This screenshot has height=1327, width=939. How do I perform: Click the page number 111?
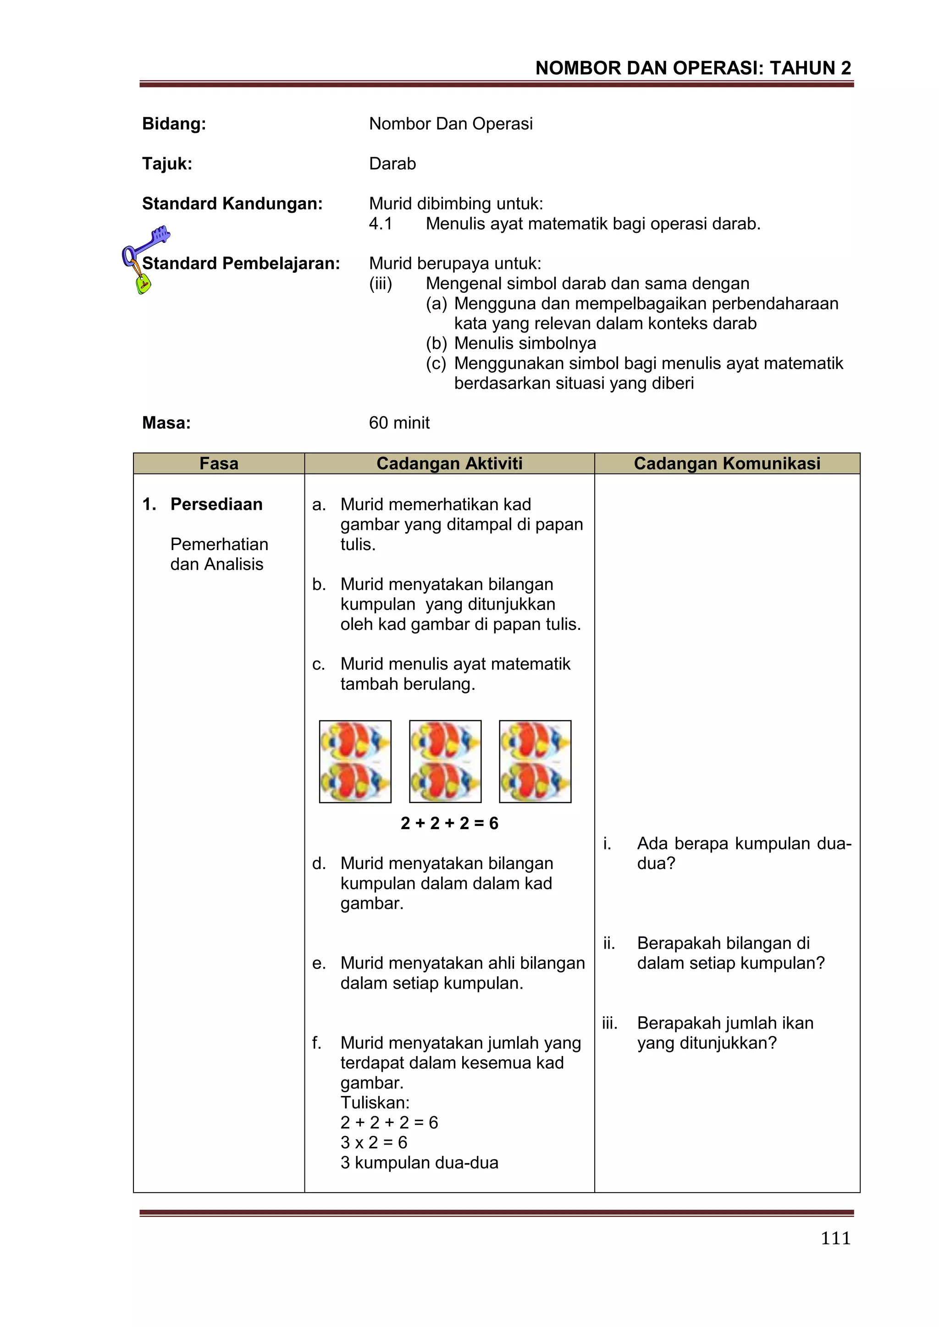coord(835,1238)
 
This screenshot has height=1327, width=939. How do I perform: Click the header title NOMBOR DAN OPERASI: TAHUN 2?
coord(693,68)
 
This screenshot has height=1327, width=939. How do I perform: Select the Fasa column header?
coord(219,463)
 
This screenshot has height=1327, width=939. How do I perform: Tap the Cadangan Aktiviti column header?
coord(449,463)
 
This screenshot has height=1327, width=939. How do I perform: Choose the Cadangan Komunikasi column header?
coord(727,463)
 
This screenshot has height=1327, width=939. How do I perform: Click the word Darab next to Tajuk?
coord(392,164)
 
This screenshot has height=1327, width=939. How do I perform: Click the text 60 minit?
coord(399,423)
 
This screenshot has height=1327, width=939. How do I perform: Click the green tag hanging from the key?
coord(143,284)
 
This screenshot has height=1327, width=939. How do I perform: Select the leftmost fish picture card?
coord(355,761)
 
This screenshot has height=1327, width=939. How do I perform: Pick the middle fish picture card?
coord(445,761)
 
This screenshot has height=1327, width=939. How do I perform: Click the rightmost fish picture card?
coord(535,761)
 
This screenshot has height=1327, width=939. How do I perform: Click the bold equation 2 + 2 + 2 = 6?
coord(449,823)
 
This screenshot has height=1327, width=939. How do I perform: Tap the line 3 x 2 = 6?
coord(374,1142)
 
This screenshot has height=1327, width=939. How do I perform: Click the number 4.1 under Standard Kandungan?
coord(381,224)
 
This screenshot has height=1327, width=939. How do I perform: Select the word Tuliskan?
coord(375,1102)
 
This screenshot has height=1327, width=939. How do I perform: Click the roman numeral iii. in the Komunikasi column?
coord(609,1023)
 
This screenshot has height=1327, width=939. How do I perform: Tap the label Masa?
coord(166,423)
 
